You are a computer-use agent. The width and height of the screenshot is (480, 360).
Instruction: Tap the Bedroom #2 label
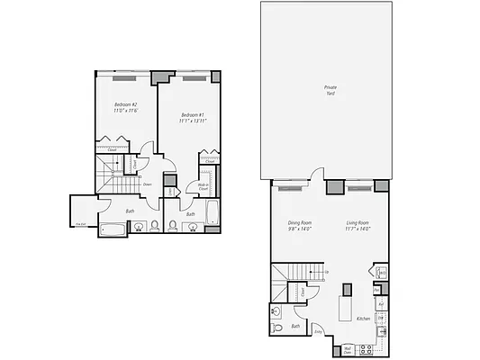pos(125,105)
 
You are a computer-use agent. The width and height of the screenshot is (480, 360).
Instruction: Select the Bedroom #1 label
pos(193,114)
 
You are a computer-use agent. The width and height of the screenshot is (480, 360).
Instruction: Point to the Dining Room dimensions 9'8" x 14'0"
pos(299,229)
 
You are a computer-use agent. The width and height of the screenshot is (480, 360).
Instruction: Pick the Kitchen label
pos(363,319)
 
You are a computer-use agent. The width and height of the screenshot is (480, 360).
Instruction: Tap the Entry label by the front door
pos(318,331)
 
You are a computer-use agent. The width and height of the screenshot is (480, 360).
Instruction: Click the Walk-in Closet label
pos(204,187)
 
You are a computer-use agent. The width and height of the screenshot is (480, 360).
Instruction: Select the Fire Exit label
pos(80,224)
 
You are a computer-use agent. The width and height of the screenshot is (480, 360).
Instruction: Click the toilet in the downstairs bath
pos(278,328)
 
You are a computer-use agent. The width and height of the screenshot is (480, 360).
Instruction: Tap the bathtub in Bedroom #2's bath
pos(113,229)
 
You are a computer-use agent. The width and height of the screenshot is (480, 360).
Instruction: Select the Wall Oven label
pos(348,349)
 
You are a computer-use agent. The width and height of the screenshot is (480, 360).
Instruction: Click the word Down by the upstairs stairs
pos(146,184)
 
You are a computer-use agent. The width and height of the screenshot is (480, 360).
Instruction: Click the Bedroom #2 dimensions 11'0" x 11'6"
pos(125,112)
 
